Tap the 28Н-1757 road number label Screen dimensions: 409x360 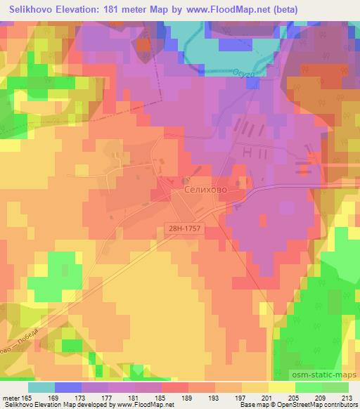coord(185,228)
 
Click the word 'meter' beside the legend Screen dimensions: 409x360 coord(13,398)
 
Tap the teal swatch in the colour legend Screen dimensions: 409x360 coord(41,387)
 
